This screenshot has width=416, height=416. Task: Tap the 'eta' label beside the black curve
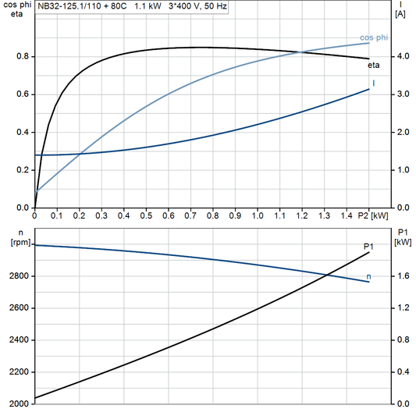[375, 66]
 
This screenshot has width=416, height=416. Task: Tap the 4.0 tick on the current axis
[400, 57]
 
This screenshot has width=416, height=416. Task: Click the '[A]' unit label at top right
[400, 14]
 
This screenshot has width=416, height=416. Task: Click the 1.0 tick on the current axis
[400, 170]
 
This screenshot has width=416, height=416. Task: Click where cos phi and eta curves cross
[300, 52]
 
